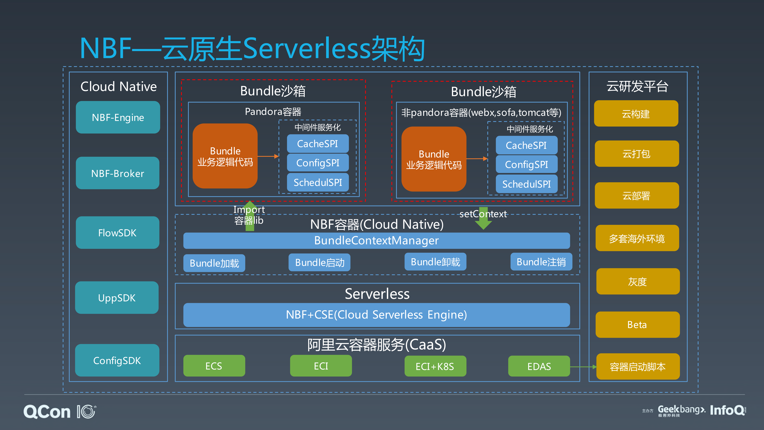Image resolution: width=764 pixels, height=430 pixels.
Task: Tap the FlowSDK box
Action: click(117, 233)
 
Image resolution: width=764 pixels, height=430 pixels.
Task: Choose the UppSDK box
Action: click(117, 298)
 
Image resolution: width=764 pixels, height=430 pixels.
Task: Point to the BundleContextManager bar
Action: click(376, 240)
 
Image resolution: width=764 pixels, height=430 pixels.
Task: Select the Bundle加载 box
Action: click(214, 263)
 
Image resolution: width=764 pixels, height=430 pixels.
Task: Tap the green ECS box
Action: click(214, 366)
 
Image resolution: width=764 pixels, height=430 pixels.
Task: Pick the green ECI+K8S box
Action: click(435, 366)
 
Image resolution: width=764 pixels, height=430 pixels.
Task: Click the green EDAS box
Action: click(539, 366)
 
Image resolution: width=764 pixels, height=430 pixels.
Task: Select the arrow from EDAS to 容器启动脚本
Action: click(583, 367)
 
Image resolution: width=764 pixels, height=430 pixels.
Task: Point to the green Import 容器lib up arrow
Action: click(250, 215)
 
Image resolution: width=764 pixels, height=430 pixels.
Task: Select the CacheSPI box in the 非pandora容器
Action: click(526, 145)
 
